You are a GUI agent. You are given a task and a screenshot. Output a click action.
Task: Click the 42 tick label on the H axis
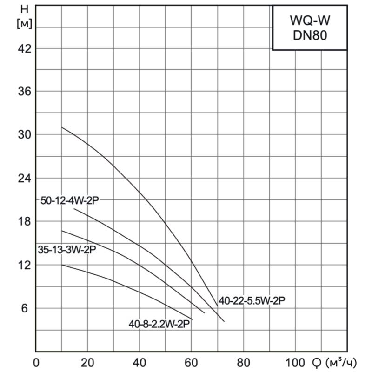point(24,48)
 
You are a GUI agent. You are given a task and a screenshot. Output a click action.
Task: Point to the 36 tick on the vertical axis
point(24,91)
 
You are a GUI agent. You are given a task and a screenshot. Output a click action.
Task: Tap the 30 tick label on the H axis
point(24,134)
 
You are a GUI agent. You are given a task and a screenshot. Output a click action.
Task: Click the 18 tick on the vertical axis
point(24,221)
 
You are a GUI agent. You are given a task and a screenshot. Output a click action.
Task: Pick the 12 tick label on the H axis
point(24,265)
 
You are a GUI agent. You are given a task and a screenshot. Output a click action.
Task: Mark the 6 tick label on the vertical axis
point(26,308)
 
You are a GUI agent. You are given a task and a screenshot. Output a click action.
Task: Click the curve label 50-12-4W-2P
point(70,200)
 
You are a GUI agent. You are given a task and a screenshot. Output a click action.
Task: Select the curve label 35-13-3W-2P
point(67,250)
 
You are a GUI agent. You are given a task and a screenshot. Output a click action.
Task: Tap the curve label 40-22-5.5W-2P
point(252,301)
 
